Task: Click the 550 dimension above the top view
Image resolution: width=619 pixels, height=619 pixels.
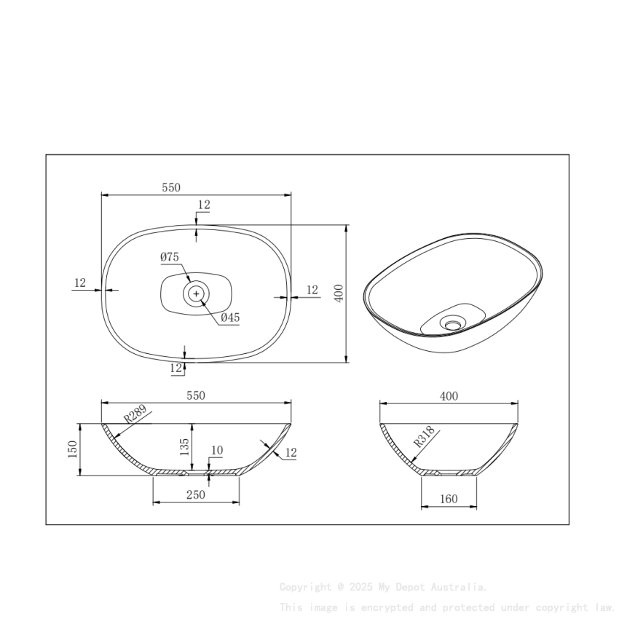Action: click(x=170, y=188)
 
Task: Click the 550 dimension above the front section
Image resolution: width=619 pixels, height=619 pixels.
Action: click(x=196, y=395)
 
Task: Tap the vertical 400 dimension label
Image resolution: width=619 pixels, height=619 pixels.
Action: click(x=338, y=293)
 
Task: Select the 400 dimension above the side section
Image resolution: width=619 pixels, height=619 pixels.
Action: click(x=449, y=396)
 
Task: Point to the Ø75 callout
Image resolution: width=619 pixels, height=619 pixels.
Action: click(x=170, y=257)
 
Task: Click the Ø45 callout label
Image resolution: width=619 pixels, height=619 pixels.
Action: click(x=230, y=318)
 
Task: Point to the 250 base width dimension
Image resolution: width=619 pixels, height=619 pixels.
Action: click(x=195, y=495)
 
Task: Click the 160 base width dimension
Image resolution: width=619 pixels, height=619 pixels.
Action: click(x=449, y=499)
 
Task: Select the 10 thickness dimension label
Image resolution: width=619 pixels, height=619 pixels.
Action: click(x=216, y=452)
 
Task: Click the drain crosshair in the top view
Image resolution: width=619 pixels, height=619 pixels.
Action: click(x=197, y=293)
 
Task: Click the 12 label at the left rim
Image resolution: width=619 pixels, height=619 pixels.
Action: click(x=80, y=283)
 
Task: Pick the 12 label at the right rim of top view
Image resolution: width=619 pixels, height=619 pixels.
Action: click(x=312, y=290)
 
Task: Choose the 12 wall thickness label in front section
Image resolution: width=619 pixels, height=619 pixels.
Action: click(x=291, y=453)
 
